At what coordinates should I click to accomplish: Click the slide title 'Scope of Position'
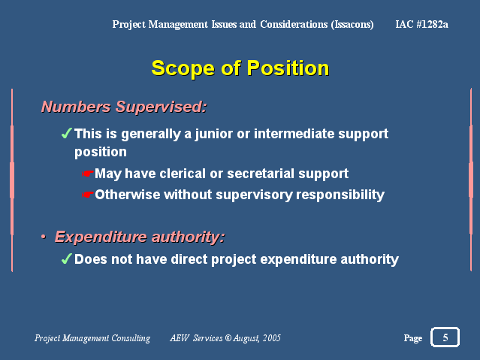point(240,68)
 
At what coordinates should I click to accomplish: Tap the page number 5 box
point(445,337)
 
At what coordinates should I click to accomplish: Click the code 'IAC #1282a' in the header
point(422,24)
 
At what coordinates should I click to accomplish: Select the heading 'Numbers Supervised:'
point(124,107)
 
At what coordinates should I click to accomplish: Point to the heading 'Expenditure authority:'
point(140,237)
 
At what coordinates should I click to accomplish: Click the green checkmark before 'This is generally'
point(66,133)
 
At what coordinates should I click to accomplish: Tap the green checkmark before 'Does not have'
point(66,259)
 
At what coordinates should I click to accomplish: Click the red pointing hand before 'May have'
point(87,174)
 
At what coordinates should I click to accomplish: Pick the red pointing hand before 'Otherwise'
point(87,195)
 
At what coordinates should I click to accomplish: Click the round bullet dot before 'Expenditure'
point(44,237)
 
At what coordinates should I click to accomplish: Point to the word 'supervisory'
point(254,195)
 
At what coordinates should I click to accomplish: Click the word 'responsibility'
point(340,195)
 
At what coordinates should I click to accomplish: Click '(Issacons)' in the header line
point(352,24)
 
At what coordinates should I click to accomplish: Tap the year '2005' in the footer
point(271,338)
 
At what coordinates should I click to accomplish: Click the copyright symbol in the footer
point(228,338)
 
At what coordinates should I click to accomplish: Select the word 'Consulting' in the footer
point(131,338)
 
